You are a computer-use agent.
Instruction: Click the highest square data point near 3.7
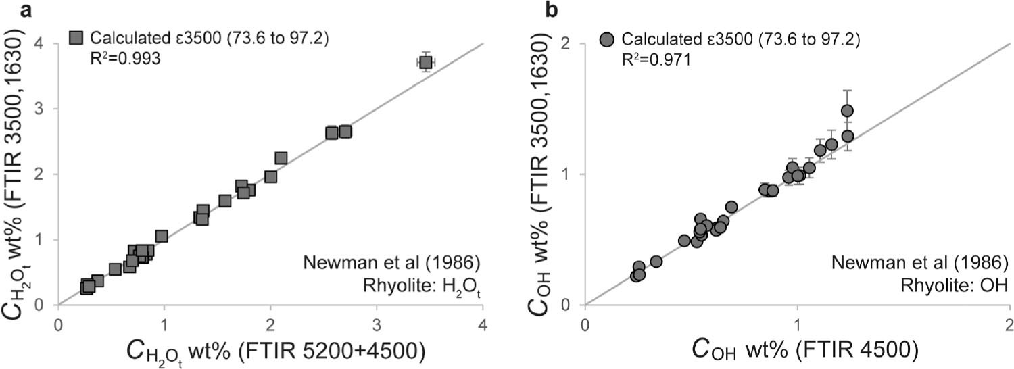point(425,62)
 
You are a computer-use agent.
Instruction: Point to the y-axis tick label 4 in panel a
point(46,44)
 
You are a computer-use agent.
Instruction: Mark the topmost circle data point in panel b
point(847,111)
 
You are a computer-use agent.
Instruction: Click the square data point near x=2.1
point(281,158)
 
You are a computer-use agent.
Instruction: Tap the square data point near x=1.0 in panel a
point(162,236)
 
